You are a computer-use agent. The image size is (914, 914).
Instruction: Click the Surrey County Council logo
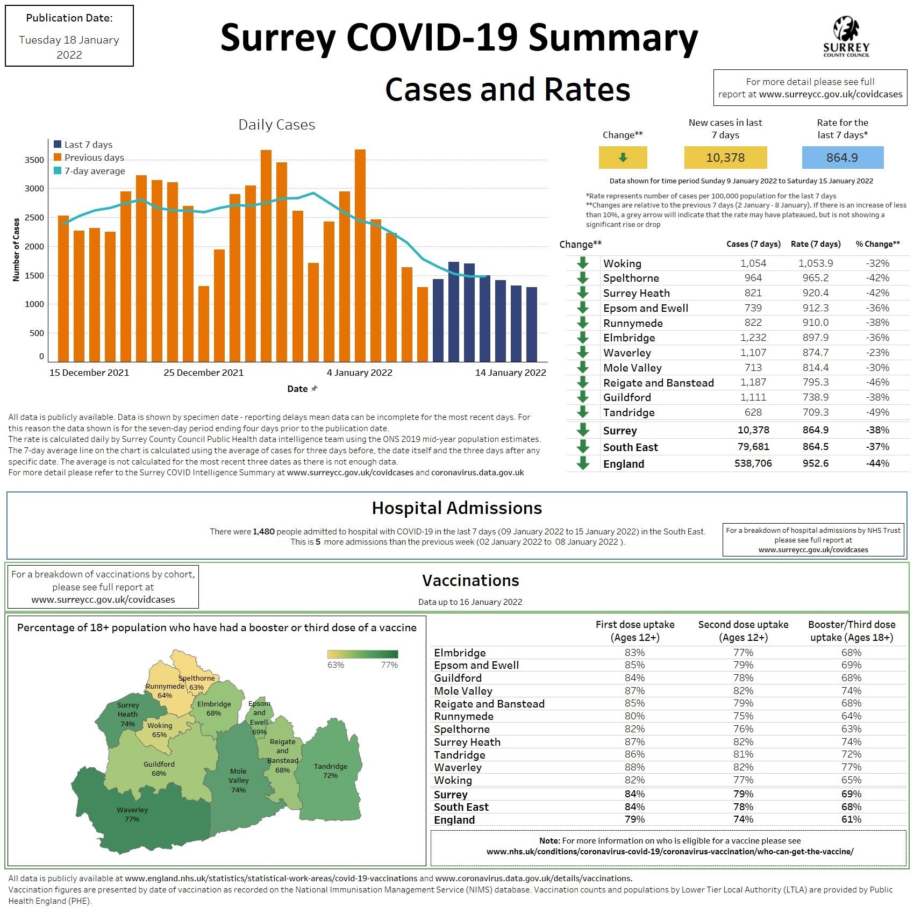pyautogui.click(x=846, y=37)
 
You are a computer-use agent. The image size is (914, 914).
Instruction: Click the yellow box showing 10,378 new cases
pyautogui.click(x=725, y=158)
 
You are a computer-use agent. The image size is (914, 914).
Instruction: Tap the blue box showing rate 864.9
pyautogui.click(x=842, y=158)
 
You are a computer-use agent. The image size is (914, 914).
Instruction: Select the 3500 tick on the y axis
pyautogui.click(x=34, y=160)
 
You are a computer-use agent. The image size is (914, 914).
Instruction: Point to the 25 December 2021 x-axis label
pyautogui.click(x=203, y=373)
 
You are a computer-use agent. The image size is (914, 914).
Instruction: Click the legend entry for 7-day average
pyautogui.click(x=95, y=171)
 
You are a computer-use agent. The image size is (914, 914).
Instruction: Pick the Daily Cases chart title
pyautogui.click(x=276, y=125)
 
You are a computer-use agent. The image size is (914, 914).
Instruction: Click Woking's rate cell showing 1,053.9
pyautogui.click(x=815, y=263)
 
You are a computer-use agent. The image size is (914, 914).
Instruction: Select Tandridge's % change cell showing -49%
pyautogui.click(x=877, y=412)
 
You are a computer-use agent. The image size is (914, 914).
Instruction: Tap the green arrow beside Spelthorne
pyautogui.click(x=583, y=278)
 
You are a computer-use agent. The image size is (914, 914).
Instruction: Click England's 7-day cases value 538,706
pyautogui.click(x=753, y=463)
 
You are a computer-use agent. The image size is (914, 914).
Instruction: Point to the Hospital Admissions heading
pyautogui.click(x=456, y=508)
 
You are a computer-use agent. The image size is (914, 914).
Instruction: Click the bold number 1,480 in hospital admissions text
pyautogui.click(x=263, y=532)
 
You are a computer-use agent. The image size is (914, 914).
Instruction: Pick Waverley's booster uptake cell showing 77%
pyautogui.click(x=851, y=767)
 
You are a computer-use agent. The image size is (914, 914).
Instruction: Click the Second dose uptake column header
pyautogui.click(x=743, y=631)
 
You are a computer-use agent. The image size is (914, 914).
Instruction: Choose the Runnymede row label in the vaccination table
pyautogui.click(x=463, y=716)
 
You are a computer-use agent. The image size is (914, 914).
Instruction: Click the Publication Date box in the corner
pyautogui.click(x=69, y=36)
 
